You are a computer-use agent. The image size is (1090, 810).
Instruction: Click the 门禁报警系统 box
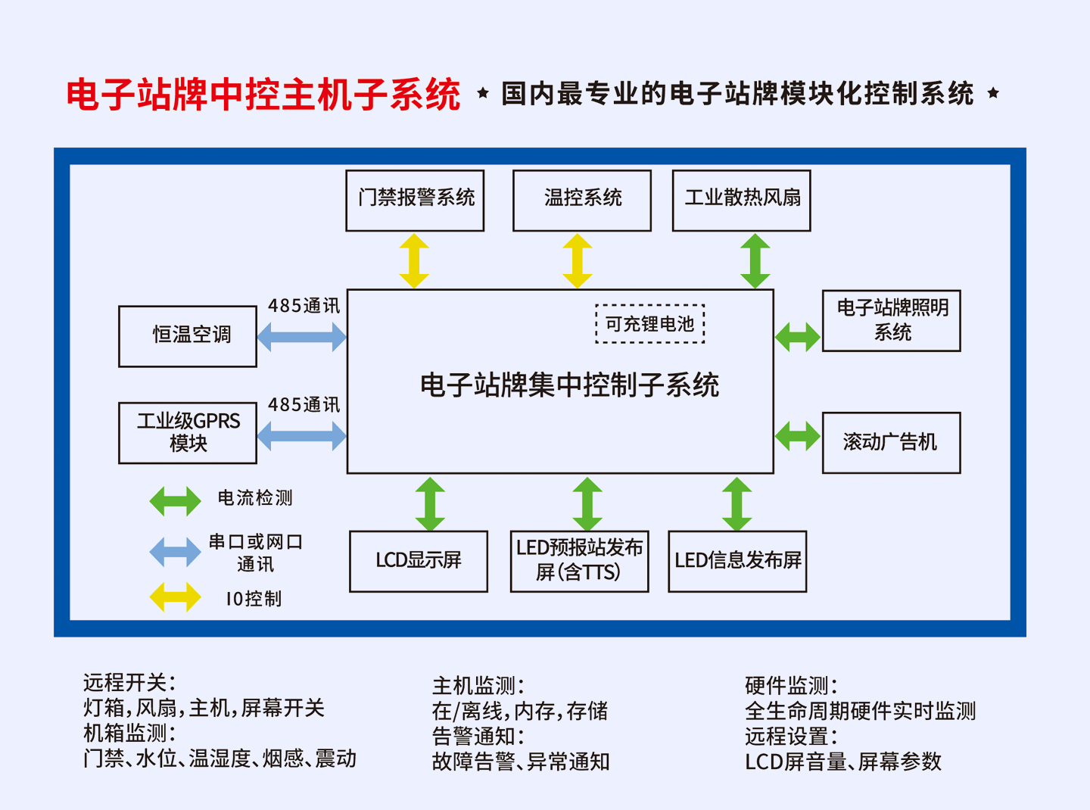[x=415, y=201]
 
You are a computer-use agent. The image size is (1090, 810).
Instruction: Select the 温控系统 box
[x=582, y=201]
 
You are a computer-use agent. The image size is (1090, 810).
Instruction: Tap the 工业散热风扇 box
[x=741, y=201]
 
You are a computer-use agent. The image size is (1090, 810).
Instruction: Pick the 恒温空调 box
[x=188, y=336]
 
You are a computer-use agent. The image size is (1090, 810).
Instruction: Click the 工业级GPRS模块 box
[x=188, y=433]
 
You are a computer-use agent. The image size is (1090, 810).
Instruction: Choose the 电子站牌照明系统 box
[x=892, y=320]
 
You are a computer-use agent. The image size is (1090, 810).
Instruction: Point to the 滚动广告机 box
[x=892, y=443]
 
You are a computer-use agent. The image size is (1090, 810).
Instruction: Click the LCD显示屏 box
[x=419, y=561]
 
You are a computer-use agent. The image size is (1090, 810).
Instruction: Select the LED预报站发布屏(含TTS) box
[x=580, y=561]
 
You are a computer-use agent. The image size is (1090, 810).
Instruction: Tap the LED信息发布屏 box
[x=737, y=561]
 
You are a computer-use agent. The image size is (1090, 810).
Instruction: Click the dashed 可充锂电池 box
[x=650, y=324]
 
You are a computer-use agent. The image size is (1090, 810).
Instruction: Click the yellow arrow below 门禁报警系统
[x=414, y=260]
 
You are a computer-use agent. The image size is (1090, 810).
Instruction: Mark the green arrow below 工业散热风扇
[x=755, y=260]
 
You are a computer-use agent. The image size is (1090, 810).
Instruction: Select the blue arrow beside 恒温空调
[x=301, y=336]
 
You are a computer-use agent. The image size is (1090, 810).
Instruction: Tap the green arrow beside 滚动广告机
[x=798, y=436]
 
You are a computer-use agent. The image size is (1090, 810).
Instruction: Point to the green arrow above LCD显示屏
[x=430, y=503]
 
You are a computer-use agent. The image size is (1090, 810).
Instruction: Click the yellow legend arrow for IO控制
[x=176, y=597]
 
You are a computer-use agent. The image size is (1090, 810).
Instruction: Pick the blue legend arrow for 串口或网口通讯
[x=176, y=552]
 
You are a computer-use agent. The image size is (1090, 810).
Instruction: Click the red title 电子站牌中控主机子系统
[x=263, y=95]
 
